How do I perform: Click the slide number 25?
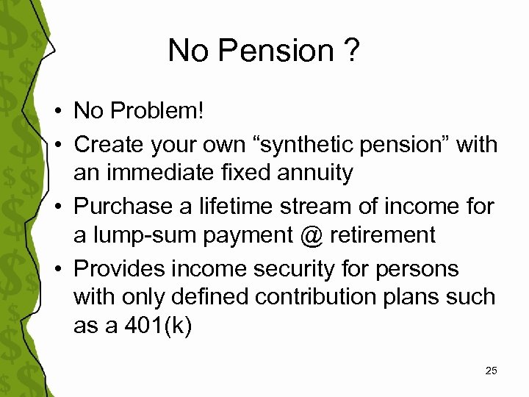pyautogui.click(x=491, y=371)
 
